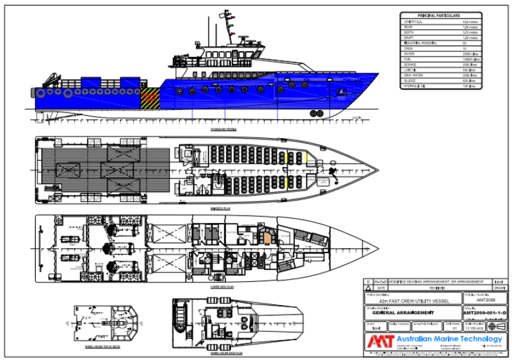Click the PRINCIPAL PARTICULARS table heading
439,15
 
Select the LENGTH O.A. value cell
470,21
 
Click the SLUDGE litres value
470,82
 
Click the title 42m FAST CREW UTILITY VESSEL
402,300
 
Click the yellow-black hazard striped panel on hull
150,98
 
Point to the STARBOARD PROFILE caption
223,130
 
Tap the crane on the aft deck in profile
49,81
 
